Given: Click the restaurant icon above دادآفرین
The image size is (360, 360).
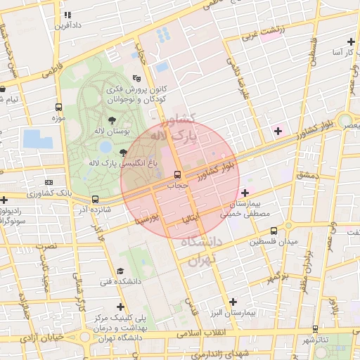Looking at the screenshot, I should point(67,15).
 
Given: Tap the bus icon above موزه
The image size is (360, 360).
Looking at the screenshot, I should point(58,108).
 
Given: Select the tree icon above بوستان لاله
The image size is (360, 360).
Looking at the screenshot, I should point(112,120).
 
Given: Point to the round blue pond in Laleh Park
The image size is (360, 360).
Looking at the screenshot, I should point(105,148).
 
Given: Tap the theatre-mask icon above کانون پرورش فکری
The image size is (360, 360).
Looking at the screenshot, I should point(136,79).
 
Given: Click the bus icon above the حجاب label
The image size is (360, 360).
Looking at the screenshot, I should point(177,175).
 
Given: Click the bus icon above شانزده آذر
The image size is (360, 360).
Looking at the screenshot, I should point(95,199).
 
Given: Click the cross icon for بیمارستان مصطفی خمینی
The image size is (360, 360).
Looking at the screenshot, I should point(245,193).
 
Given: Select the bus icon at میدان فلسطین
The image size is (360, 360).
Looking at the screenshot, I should point(274,231).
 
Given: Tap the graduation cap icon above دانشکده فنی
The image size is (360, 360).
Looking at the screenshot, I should point(120,271).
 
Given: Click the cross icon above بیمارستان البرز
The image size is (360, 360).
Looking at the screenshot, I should point(233,301).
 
